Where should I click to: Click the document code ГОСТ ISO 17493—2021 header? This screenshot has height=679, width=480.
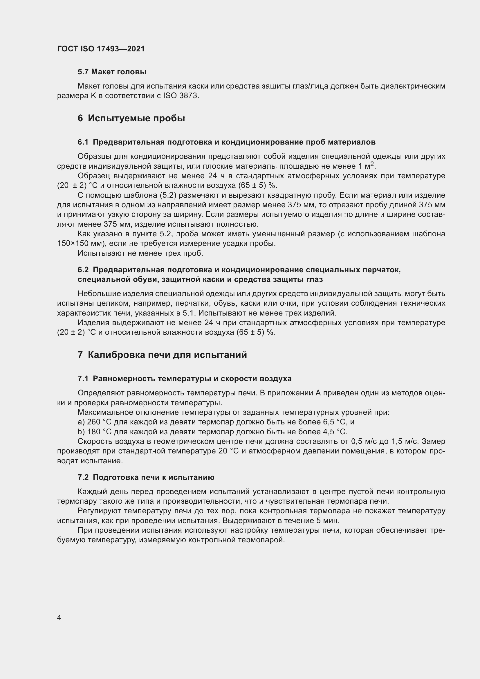click(x=101, y=49)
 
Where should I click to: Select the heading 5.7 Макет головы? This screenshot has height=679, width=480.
click(x=112, y=72)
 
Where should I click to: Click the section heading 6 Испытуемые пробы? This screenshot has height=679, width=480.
click(x=131, y=118)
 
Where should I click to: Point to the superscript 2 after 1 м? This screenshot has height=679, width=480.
click(x=372, y=164)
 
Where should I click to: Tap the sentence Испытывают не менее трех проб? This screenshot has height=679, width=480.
click(x=140, y=253)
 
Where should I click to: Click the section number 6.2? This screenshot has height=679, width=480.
click(x=83, y=270)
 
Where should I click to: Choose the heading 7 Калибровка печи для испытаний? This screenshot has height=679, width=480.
click(x=162, y=355)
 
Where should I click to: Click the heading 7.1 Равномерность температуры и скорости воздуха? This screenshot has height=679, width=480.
click(x=185, y=379)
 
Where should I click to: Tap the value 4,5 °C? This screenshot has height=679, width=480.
click(x=335, y=432)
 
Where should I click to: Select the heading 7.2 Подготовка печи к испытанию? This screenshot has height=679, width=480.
click(x=146, y=477)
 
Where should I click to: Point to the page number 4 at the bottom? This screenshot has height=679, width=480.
click(x=59, y=618)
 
